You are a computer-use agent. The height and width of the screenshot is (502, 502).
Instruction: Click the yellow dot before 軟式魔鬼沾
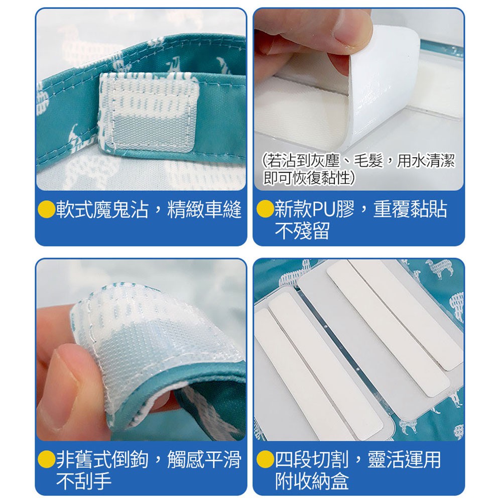(47, 209)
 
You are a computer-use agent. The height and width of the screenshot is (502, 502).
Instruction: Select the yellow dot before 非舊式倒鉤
(47, 459)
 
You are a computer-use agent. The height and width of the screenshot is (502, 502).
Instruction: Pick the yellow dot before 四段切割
(265, 459)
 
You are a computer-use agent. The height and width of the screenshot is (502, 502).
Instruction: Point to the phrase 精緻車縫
(204, 210)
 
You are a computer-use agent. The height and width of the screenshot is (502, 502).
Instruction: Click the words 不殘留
(302, 231)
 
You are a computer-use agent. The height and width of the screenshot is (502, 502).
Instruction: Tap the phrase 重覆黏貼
(410, 209)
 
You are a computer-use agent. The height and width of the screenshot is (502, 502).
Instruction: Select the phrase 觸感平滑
(204, 460)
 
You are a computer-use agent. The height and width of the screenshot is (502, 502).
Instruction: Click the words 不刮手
(83, 481)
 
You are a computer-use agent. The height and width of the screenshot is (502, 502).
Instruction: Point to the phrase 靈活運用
(405, 460)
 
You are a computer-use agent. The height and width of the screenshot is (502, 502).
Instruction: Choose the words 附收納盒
(312, 481)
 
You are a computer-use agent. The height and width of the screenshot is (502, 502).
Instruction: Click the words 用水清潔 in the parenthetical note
(426, 160)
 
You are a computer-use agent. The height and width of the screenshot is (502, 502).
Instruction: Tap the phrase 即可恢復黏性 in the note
(307, 178)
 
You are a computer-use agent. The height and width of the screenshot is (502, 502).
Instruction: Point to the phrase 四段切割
(312, 460)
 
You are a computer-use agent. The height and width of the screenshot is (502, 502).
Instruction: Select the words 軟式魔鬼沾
(102, 210)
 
